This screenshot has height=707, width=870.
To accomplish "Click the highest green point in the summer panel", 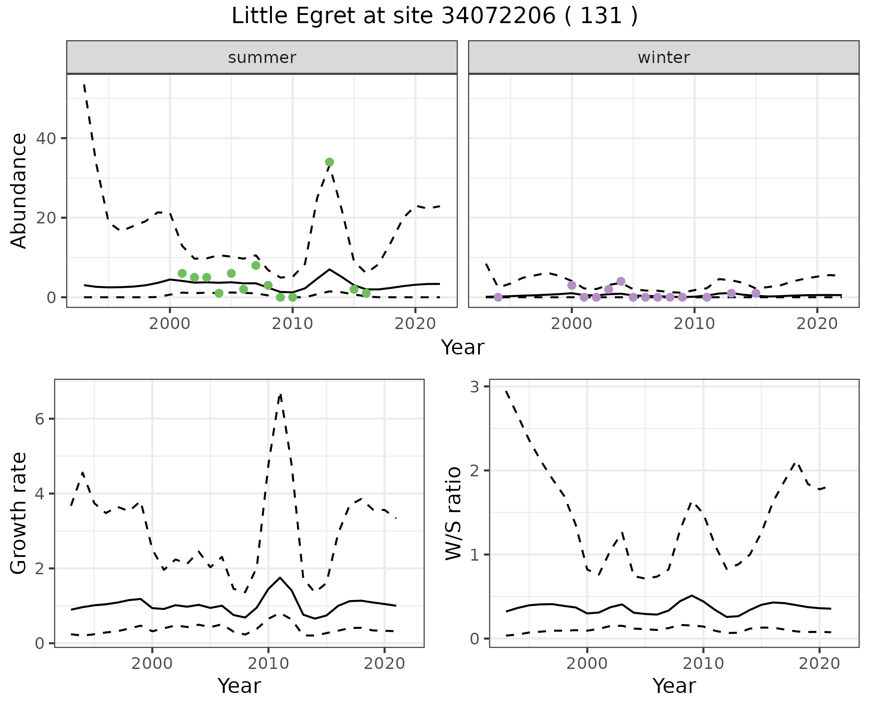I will [x=329, y=162].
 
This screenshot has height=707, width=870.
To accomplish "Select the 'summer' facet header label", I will [x=262, y=58].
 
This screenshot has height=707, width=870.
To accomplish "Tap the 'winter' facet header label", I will [x=663, y=58].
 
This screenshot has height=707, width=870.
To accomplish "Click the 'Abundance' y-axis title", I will [x=19, y=190].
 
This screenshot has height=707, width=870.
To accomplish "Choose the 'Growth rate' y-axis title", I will [x=19, y=513].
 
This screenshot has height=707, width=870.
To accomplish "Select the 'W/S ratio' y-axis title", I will [x=454, y=513].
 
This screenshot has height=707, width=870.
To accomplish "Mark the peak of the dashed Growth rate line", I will [x=280, y=394].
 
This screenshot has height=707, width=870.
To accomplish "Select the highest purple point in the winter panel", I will [x=621, y=281].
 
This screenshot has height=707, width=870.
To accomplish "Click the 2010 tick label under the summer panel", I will [x=292, y=324].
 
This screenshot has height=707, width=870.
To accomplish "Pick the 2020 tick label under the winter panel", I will [x=817, y=324].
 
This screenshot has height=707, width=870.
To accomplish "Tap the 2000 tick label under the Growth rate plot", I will [x=152, y=663].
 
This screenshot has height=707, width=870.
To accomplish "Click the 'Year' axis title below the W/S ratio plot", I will [x=674, y=686].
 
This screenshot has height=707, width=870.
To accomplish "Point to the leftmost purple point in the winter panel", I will [x=498, y=297].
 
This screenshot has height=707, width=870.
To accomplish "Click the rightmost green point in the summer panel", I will [x=366, y=293].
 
